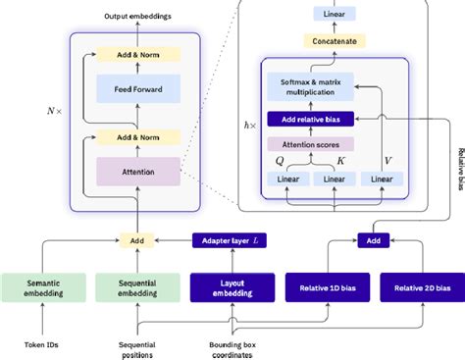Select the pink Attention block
point(138,173)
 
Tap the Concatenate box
point(336,41)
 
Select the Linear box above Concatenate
point(336,14)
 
